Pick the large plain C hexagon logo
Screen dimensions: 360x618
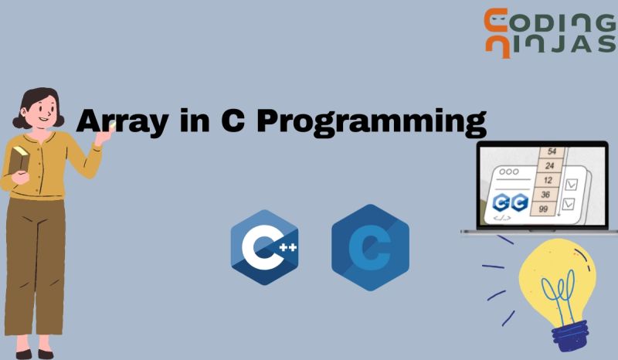click(x=370, y=248)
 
